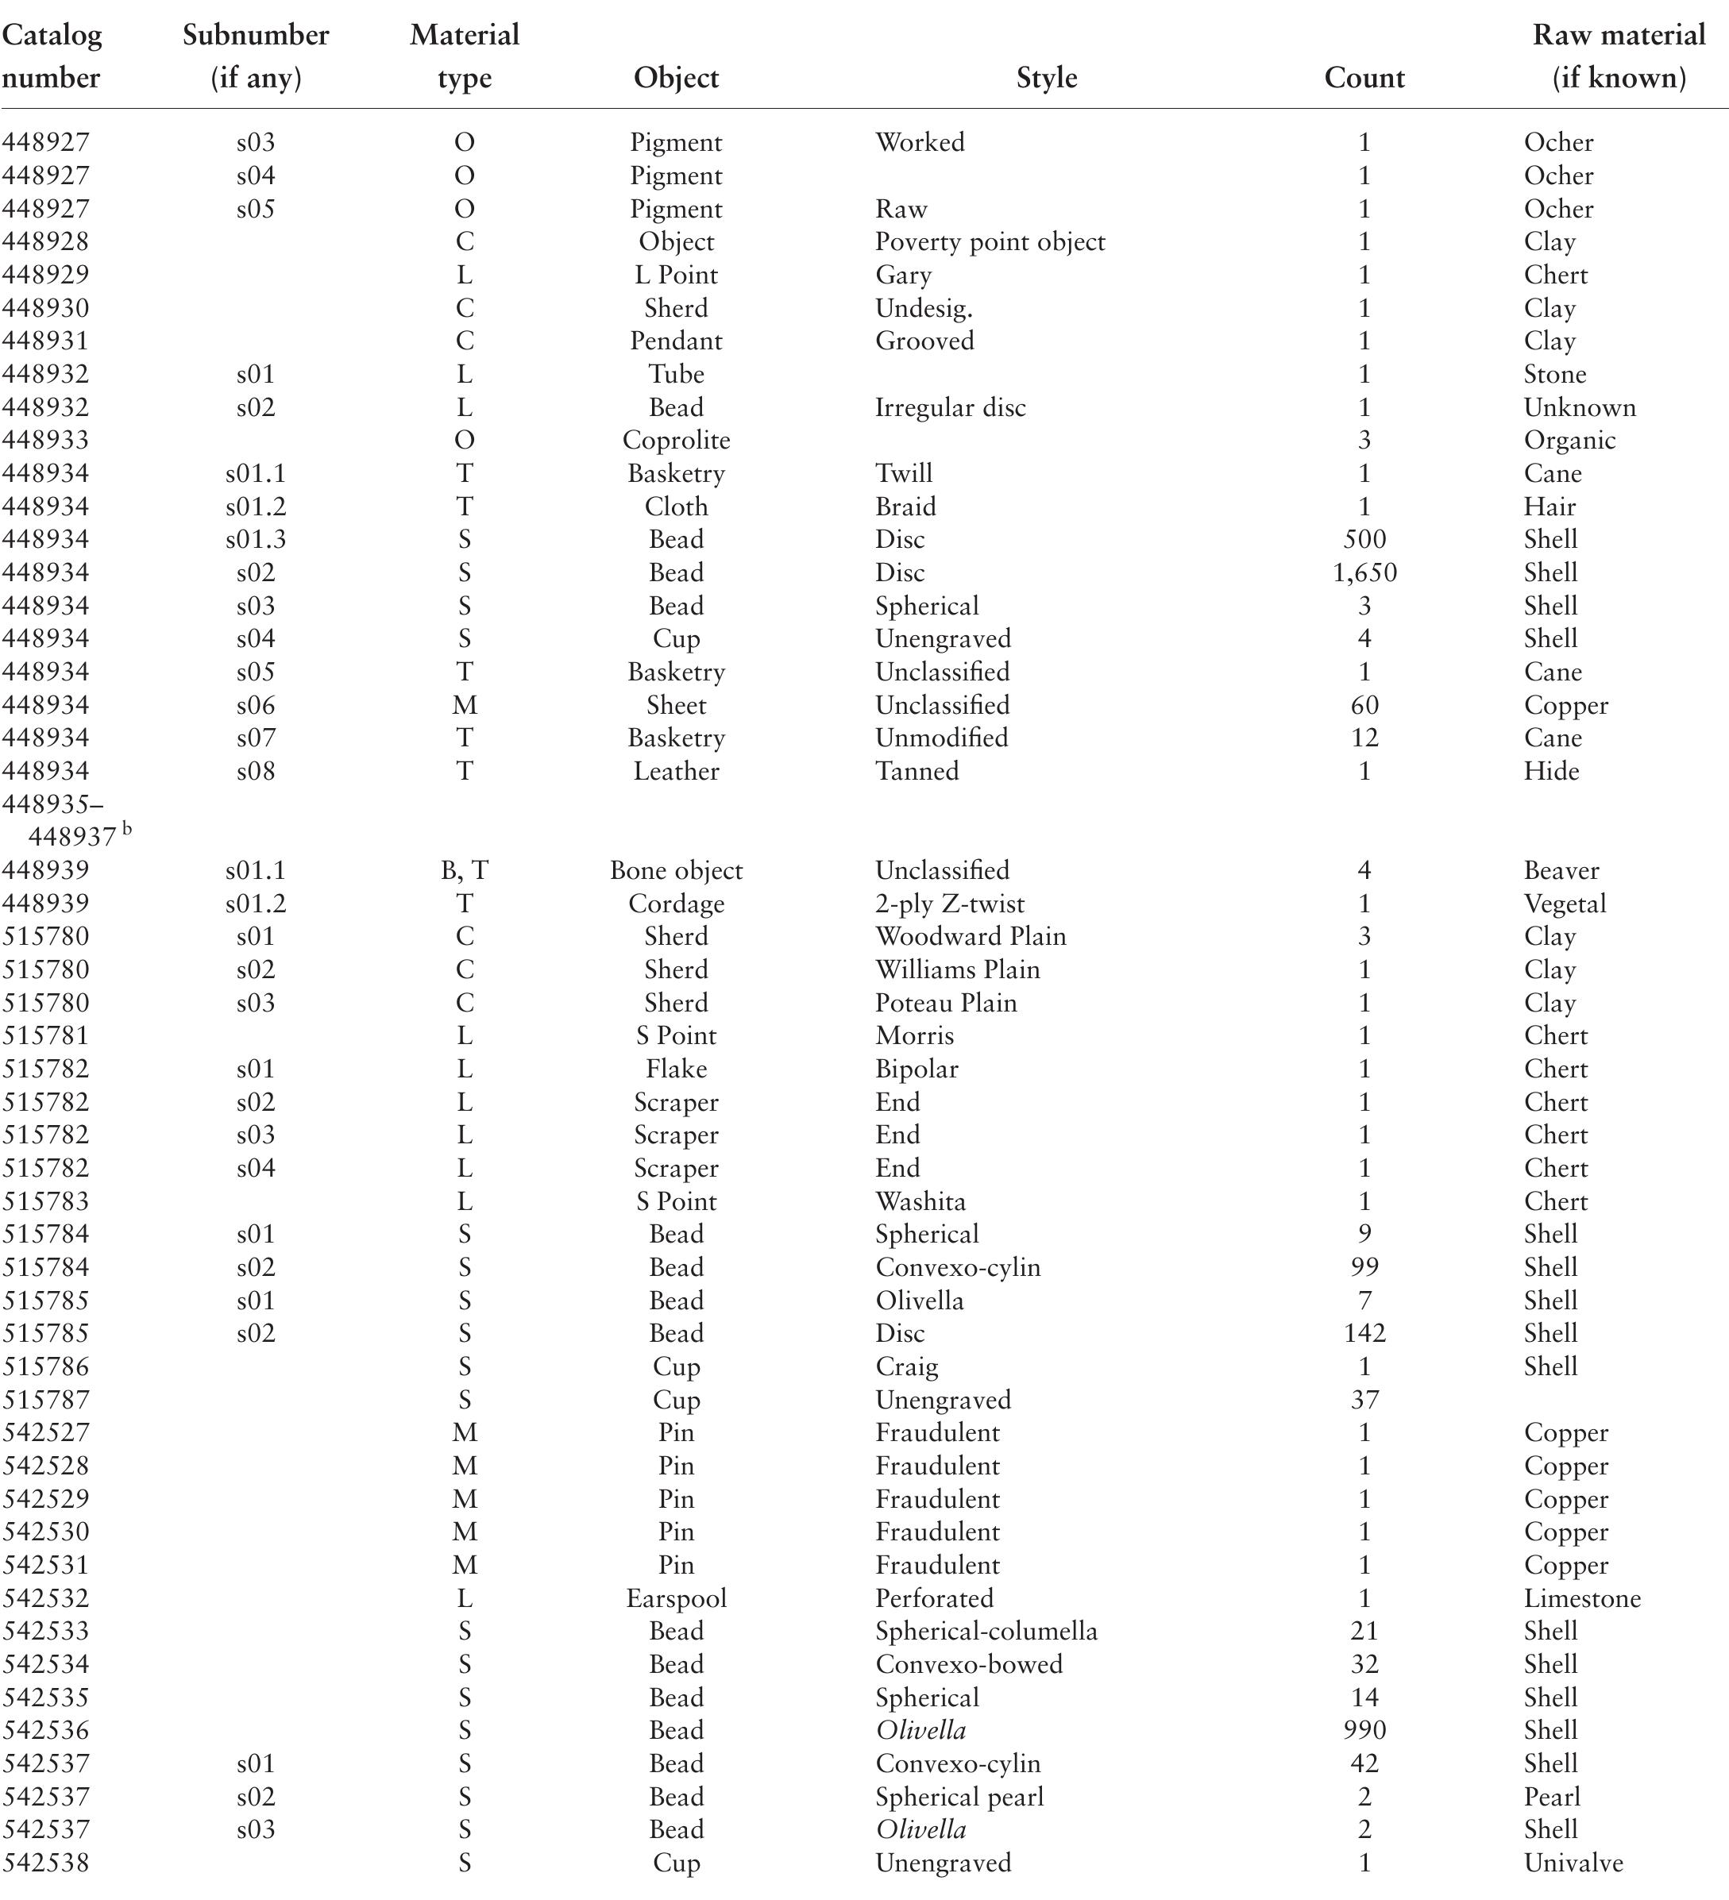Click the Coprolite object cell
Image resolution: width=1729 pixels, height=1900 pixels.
676,440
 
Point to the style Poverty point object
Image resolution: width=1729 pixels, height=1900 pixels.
990,242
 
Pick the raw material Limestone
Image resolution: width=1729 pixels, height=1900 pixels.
1582,1597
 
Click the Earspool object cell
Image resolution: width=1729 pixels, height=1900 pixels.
676,1597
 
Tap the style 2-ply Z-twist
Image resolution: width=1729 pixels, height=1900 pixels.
949,903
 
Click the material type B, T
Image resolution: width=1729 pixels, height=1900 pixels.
464,870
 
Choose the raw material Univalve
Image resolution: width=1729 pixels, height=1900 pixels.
1573,1863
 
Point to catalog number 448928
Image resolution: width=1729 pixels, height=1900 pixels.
45,242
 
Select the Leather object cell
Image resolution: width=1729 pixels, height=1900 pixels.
676,771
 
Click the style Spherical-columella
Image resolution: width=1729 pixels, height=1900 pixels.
986,1631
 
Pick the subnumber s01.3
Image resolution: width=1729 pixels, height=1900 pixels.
256,539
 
